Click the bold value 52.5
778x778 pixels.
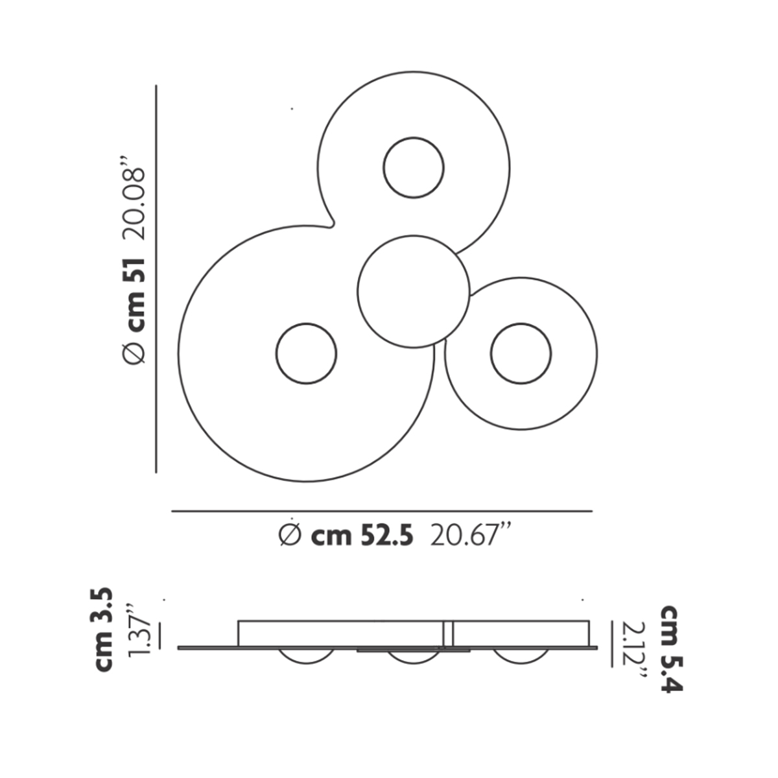(x=386, y=536)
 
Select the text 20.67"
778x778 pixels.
(x=470, y=534)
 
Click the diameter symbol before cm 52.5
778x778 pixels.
(x=290, y=536)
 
